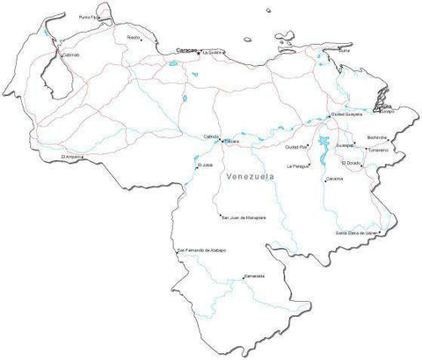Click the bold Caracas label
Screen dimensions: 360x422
tap(186, 50)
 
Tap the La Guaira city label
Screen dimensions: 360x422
tap(215, 53)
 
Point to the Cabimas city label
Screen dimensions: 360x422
tap(71, 55)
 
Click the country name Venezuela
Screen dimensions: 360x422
tap(250, 176)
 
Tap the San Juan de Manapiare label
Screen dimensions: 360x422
tap(244, 217)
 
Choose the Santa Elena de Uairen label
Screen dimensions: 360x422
tap(357, 232)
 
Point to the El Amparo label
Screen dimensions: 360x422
tap(72, 158)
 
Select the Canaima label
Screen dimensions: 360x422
tap(334, 179)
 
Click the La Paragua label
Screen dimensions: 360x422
tap(299, 165)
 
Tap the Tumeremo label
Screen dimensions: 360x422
tap(379, 150)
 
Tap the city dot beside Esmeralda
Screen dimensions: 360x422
tap(244, 278)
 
